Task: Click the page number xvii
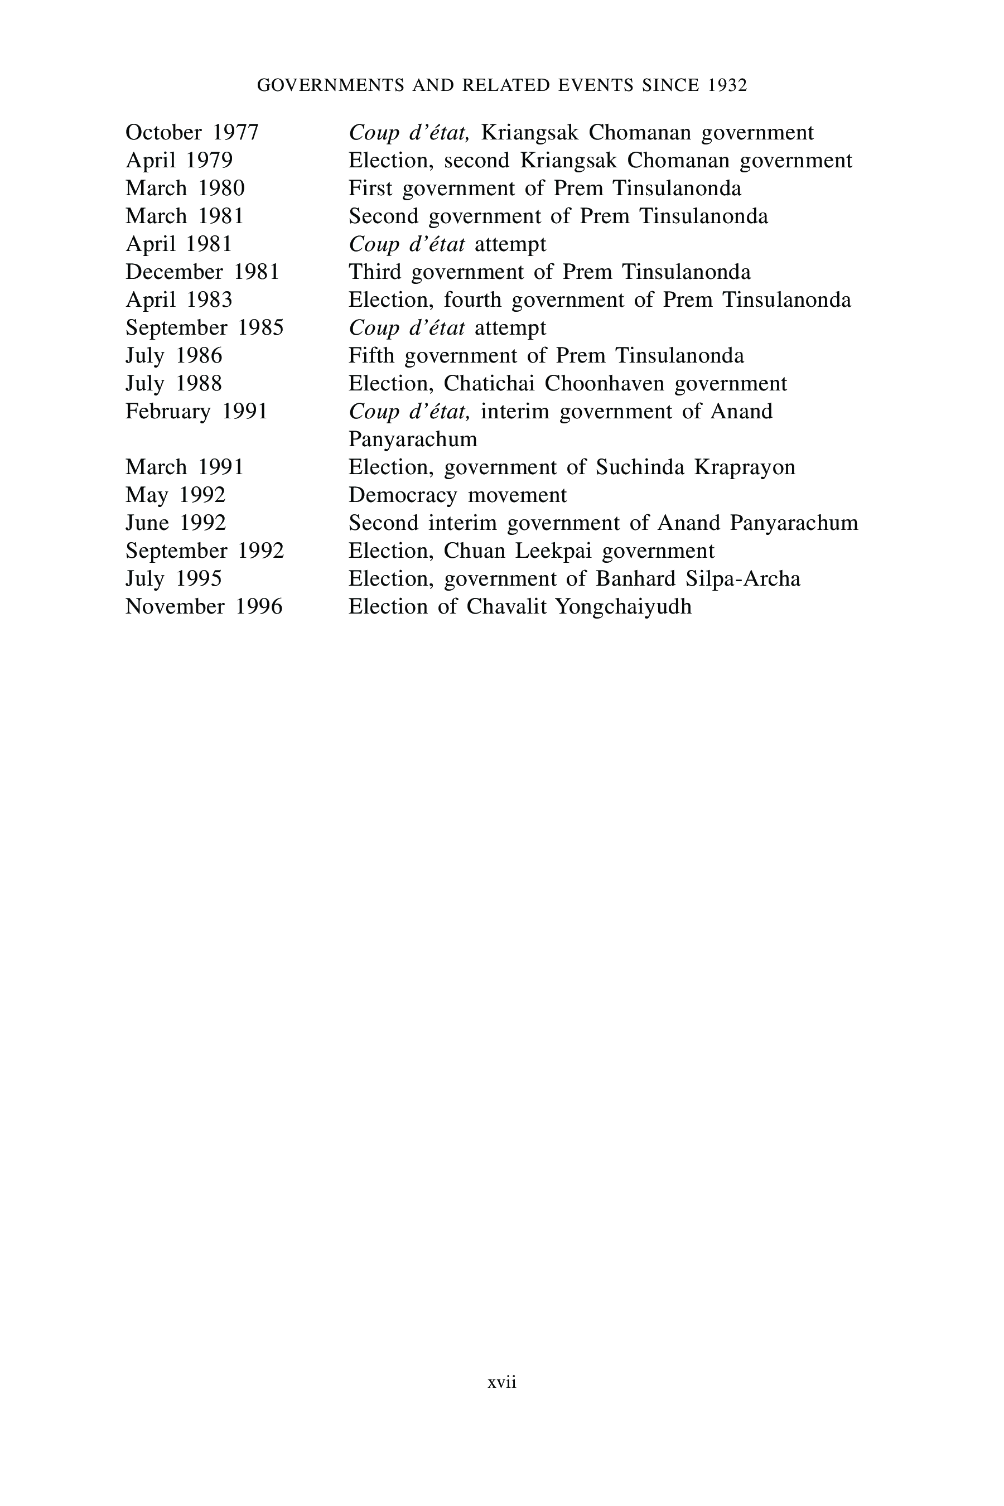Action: (502, 1382)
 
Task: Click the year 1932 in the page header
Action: (728, 86)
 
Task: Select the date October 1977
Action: (192, 133)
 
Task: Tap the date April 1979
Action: (179, 160)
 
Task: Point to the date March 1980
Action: (185, 189)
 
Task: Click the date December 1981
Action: (202, 272)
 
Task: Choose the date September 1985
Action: (204, 328)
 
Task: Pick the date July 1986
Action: (173, 356)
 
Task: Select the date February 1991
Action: (196, 411)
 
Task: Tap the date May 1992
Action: (176, 495)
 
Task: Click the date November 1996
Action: (204, 606)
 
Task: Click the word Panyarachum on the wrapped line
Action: (413, 440)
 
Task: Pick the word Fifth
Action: (371, 356)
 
